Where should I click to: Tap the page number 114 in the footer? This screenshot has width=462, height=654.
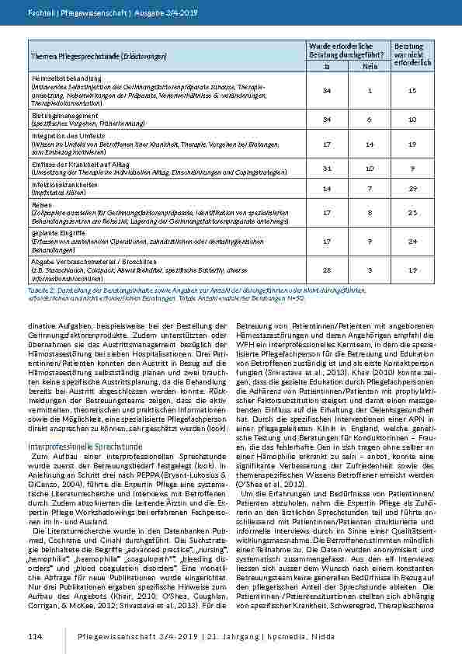(x=35, y=637)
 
